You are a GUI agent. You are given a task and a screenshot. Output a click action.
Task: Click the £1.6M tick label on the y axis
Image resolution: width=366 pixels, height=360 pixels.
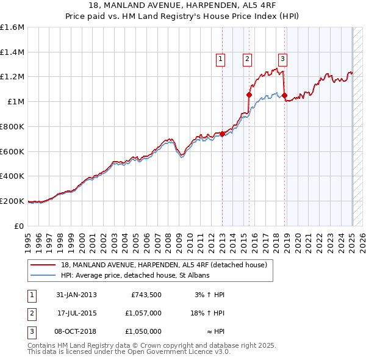coord(12,27)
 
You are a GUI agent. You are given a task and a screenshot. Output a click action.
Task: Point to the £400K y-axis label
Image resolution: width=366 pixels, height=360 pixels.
coord(12,176)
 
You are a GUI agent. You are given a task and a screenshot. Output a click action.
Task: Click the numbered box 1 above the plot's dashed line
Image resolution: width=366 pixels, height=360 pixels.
coord(220,59)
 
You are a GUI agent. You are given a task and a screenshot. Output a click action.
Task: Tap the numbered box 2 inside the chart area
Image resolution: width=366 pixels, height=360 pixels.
coord(247,59)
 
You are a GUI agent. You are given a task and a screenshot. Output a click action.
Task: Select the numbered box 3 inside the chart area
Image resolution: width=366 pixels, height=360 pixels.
coord(282,59)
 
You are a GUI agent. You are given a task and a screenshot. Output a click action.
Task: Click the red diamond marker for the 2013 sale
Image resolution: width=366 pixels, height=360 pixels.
coord(222,134)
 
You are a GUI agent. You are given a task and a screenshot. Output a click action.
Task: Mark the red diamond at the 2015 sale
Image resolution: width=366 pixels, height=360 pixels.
coord(249,95)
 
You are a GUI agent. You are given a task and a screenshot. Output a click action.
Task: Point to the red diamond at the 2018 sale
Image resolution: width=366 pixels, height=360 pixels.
coord(284,96)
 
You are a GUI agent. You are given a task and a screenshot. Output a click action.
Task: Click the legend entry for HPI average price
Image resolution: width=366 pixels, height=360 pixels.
coord(135,276)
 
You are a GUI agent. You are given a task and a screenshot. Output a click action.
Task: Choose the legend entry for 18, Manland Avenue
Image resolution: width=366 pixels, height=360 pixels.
coord(164,265)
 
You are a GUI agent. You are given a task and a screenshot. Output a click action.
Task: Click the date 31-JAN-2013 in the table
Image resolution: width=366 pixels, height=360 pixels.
coord(76,294)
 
